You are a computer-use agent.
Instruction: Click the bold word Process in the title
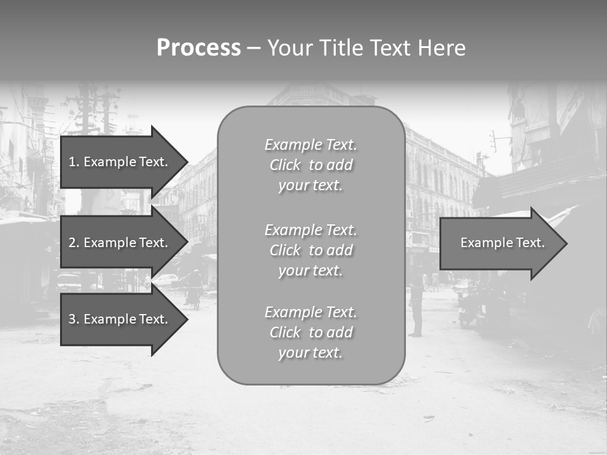coord(199,48)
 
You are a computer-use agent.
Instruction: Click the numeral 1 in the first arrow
coord(72,162)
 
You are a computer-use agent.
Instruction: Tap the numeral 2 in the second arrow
coord(72,243)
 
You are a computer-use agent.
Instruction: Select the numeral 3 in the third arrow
coord(72,319)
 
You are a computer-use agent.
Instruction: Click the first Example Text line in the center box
coord(310,145)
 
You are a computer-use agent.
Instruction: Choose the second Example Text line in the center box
coord(310,229)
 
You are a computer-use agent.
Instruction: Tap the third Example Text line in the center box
coord(310,312)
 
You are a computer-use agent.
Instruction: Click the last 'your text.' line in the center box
coord(310,353)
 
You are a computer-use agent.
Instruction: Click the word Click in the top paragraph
coord(285,165)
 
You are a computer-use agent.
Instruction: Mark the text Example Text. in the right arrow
coord(503,243)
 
